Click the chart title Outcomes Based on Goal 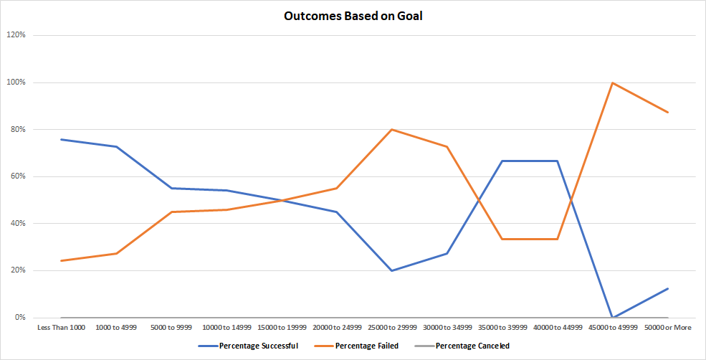click(353, 16)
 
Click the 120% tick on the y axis click(17, 35)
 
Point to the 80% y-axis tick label click(19, 129)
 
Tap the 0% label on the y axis click(21, 318)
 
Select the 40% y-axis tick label click(19, 223)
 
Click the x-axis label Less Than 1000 click(61, 328)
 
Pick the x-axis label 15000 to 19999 click(282, 328)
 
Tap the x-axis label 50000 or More click(668, 328)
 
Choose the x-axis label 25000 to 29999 click(392, 328)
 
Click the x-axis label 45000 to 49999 click(613, 328)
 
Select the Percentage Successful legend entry click(249, 346)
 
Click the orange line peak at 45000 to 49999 click(613, 82)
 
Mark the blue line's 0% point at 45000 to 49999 click(613, 317)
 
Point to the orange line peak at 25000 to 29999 click(392, 129)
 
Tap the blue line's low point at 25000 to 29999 click(392, 270)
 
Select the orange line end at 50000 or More click(668, 112)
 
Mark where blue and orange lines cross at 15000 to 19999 click(282, 200)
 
